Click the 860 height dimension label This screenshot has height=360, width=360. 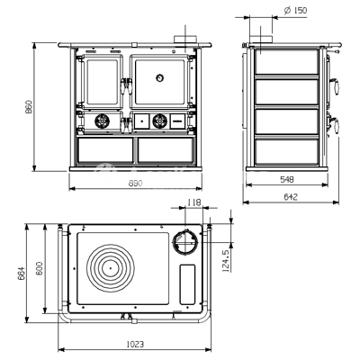[29, 107]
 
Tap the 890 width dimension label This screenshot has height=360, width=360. [136, 184]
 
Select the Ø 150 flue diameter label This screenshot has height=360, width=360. [295, 11]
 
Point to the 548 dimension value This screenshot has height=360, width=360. [287, 179]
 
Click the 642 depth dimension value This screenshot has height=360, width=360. [291, 197]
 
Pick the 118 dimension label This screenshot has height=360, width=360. [193, 202]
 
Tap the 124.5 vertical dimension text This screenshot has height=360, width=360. [226, 260]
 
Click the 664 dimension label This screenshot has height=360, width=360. [22, 273]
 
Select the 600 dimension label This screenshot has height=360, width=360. [39, 268]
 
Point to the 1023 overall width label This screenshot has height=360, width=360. [135, 344]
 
